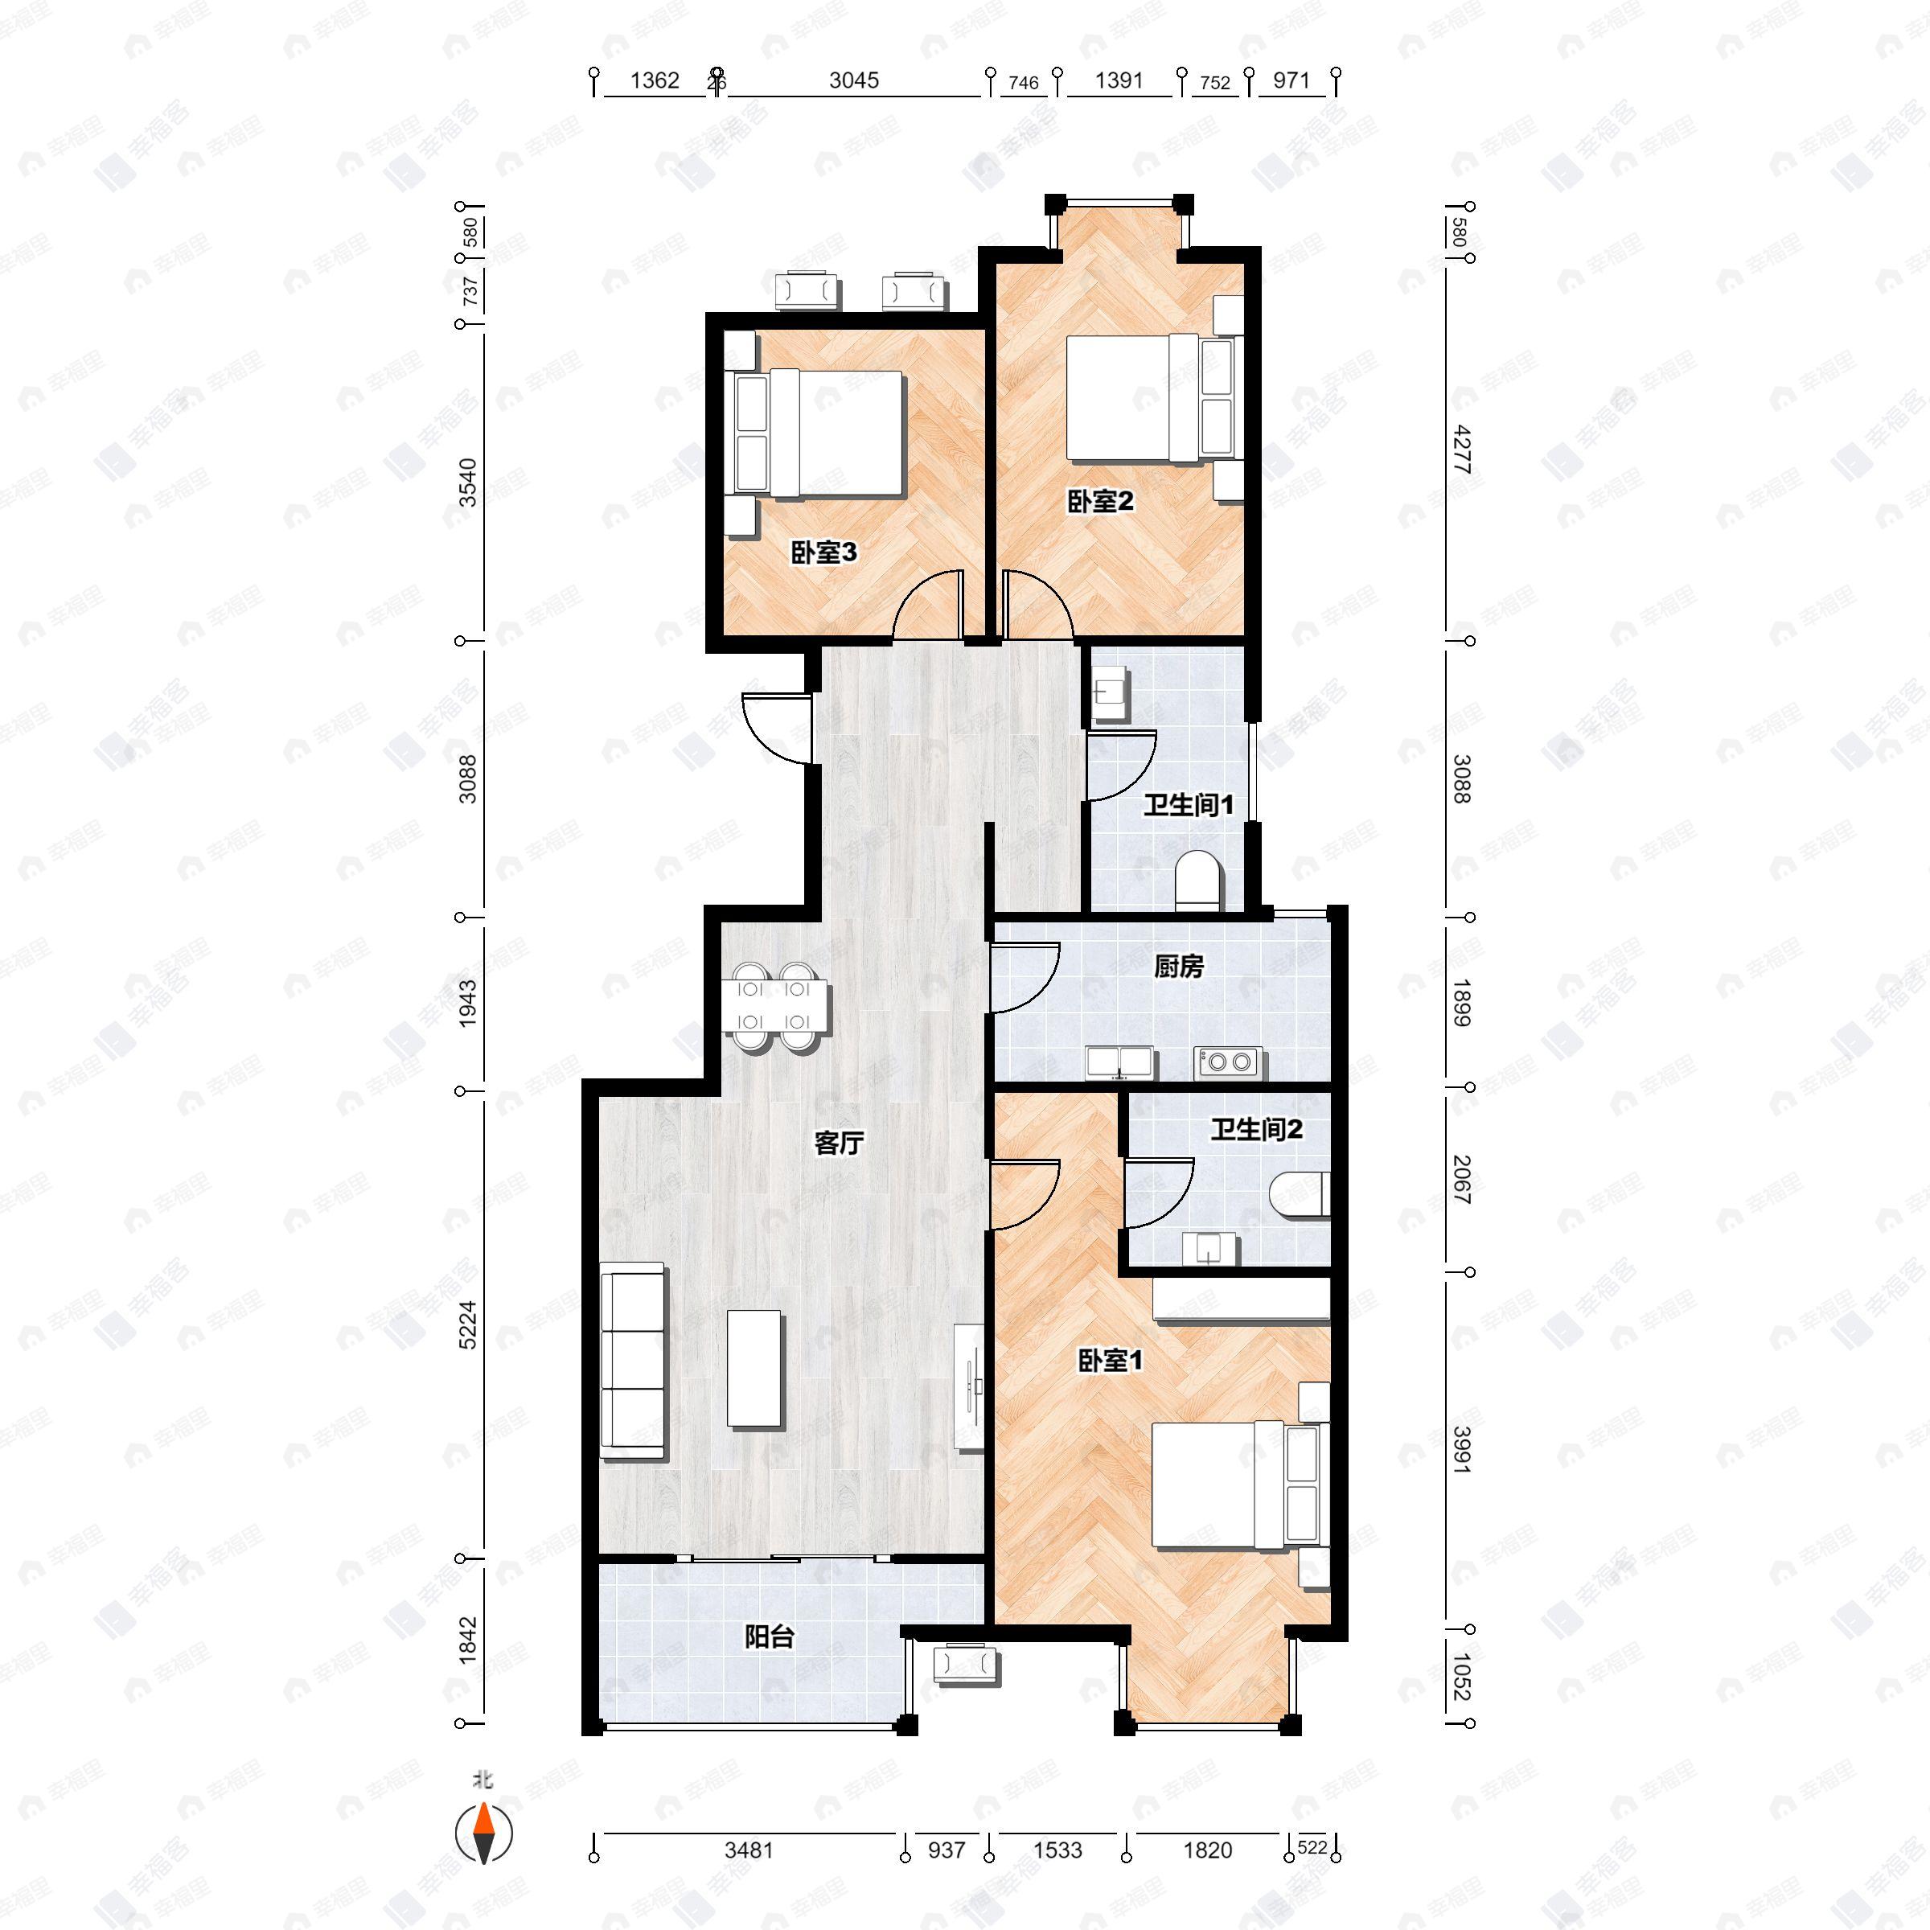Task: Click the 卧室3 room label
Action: tap(824, 552)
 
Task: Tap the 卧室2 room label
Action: tap(1101, 502)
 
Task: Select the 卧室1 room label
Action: tap(1110, 1361)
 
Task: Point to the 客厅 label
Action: tap(839, 1143)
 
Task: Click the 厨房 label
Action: tap(1179, 966)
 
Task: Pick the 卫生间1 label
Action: tap(1189, 804)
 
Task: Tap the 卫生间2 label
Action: tap(1257, 1130)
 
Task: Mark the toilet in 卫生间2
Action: tap(1300, 1195)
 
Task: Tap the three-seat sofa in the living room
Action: tap(632, 1360)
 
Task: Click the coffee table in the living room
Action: tap(755, 1368)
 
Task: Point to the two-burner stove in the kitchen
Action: tap(1229, 1061)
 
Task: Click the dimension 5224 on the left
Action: tap(467, 1324)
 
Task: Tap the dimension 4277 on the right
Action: tap(1461, 449)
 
